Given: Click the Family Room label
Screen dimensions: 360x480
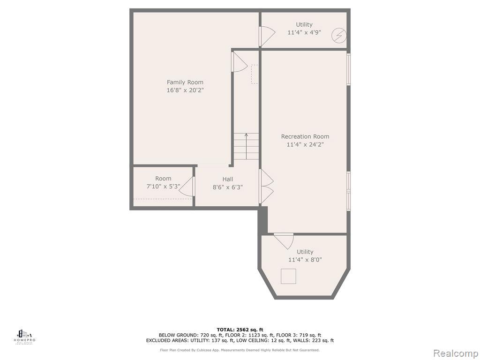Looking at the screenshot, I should click(185, 82).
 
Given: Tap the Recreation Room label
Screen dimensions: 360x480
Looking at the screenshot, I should click(305, 136).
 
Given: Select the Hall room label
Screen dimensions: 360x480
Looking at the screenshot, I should click(227, 179).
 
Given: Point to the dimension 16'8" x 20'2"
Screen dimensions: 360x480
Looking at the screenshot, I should click(185, 90).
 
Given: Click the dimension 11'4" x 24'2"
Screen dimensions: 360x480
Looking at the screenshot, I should click(305, 144).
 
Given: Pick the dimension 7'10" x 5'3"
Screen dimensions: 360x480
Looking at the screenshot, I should click(163, 187).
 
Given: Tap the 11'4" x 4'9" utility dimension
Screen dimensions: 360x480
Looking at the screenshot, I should click(304, 33).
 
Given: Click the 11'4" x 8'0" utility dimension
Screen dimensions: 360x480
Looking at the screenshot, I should click(305, 260).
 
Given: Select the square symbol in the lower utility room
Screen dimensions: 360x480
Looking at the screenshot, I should click(288, 276).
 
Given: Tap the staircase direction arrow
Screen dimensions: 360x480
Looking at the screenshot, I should click(246, 141).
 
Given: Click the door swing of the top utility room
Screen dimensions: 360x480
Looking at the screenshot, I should click(267, 36).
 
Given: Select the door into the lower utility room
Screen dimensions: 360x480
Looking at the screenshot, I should click(283, 240).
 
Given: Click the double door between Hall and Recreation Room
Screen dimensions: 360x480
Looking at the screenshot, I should click(266, 186).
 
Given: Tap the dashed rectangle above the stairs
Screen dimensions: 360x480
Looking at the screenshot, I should click(255, 74).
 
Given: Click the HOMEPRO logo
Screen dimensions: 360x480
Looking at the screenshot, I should click(25, 337).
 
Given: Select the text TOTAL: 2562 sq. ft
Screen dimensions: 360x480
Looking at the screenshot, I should click(240, 330).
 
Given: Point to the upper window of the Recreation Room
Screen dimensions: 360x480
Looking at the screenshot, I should click(349, 69).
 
